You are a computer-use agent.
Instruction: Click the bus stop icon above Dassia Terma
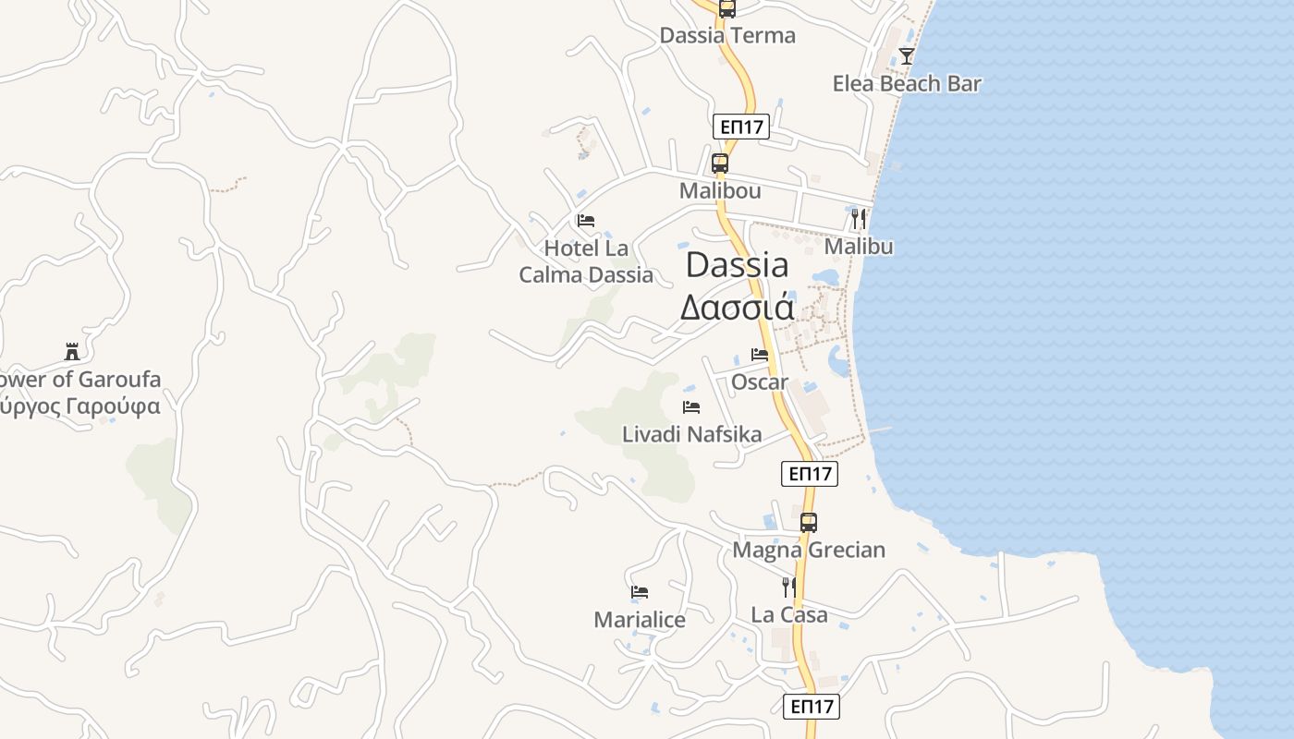click(727, 8)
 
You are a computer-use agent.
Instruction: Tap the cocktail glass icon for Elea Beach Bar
click(907, 55)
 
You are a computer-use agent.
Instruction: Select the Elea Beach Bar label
click(906, 84)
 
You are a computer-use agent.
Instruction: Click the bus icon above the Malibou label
click(719, 164)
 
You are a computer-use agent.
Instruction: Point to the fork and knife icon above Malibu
click(859, 219)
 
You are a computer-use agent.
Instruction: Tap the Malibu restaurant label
click(859, 247)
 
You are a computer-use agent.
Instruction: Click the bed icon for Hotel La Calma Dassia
click(585, 221)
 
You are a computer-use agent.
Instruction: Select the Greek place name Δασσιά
click(737, 307)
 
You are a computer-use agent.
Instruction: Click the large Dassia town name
click(737, 265)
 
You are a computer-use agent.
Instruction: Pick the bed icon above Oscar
click(760, 354)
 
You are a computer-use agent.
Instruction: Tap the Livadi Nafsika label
click(691, 434)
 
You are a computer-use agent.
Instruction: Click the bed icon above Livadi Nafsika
click(690, 406)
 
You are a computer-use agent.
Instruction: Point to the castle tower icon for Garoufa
click(72, 351)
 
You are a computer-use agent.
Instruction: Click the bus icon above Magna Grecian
click(809, 522)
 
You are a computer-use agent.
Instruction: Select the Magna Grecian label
click(809, 550)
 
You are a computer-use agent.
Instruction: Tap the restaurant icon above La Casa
click(788, 587)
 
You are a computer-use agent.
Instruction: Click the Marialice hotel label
click(640, 620)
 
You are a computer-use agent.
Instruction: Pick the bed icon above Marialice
click(639, 591)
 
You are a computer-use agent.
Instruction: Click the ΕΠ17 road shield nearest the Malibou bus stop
click(741, 127)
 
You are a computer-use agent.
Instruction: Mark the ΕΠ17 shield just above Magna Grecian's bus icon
click(809, 474)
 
